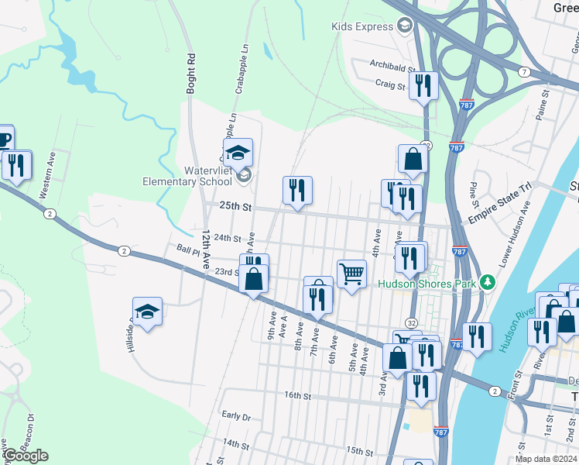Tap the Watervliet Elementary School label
coord(187,176)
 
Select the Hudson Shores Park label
coord(427,284)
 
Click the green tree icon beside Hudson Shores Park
coord(487,282)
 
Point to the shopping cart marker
coord(351,274)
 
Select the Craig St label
coord(390,84)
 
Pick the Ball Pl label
coord(188,250)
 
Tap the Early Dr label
coord(236,417)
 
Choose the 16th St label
coord(296,395)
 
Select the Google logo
coord(25,456)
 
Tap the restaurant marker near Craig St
coord(423,85)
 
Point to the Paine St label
coord(545,103)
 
